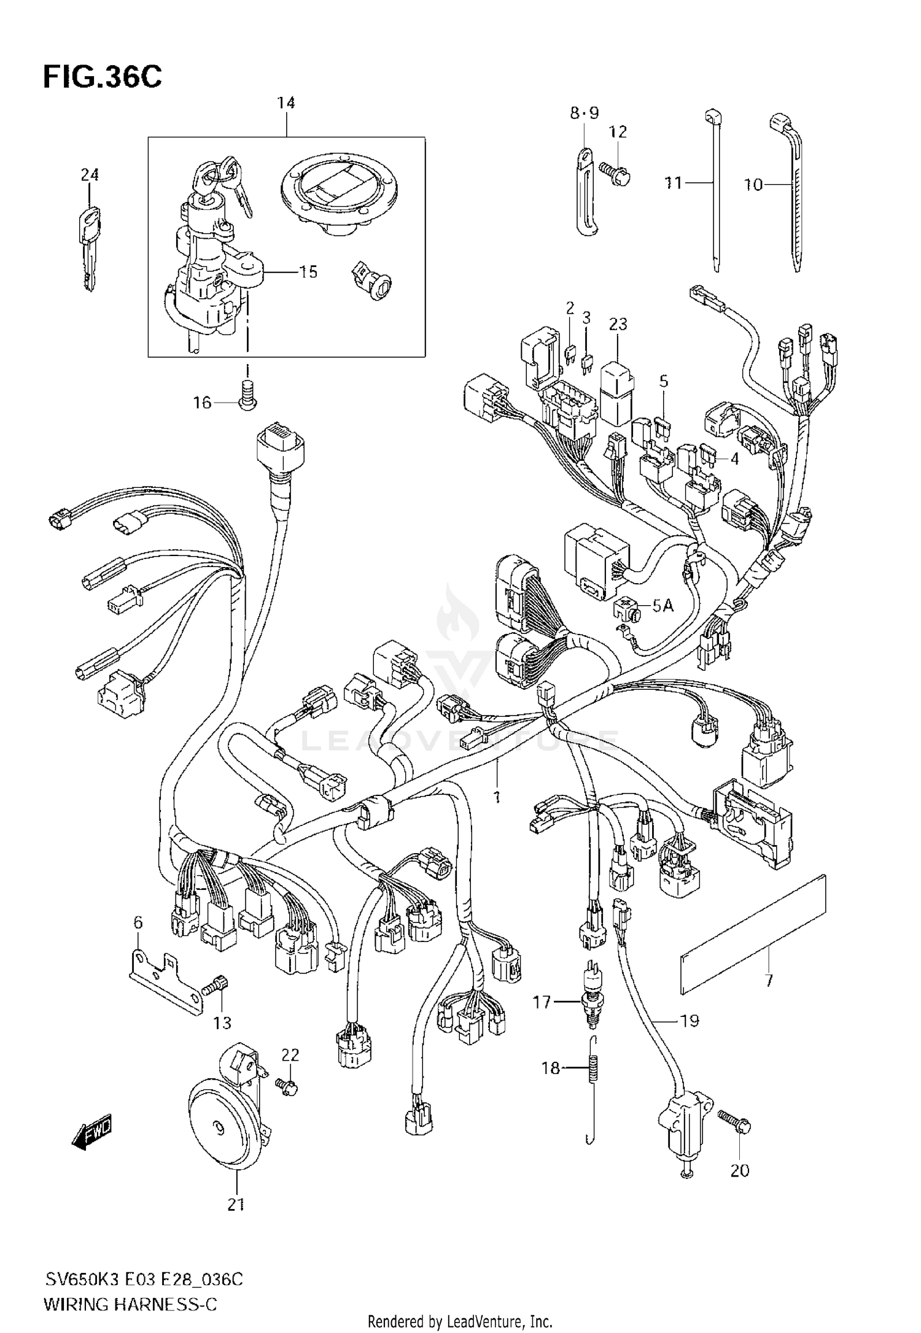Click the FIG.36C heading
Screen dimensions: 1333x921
pos(103,78)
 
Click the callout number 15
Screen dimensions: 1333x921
pos(308,272)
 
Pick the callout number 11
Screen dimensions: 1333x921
pos(674,183)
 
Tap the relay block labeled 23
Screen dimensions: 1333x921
pos(618,393)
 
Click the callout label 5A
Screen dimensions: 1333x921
pos(663,606)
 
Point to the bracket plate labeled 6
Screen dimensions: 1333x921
pos(166,978)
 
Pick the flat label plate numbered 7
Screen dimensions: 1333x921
pos(754,934)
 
